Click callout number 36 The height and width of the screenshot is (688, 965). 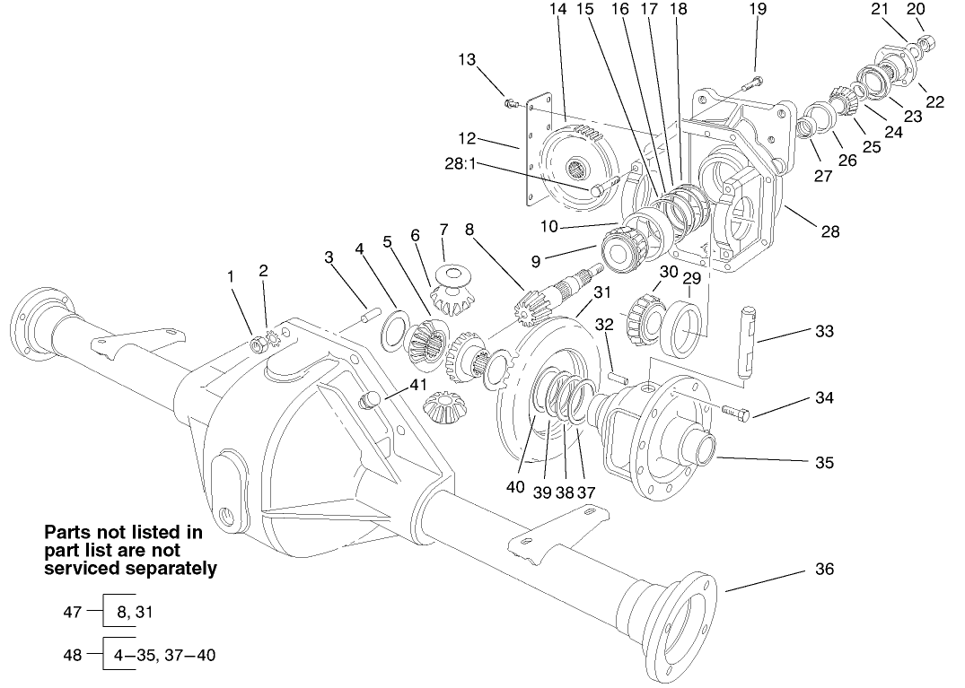tap(824, 569)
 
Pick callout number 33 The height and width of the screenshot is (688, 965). tap(824, 331)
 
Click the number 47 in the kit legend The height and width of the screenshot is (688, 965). tap(71, 612)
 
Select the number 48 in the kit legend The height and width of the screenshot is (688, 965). tap(71, 655)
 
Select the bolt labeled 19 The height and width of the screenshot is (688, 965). tap(750, 85)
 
